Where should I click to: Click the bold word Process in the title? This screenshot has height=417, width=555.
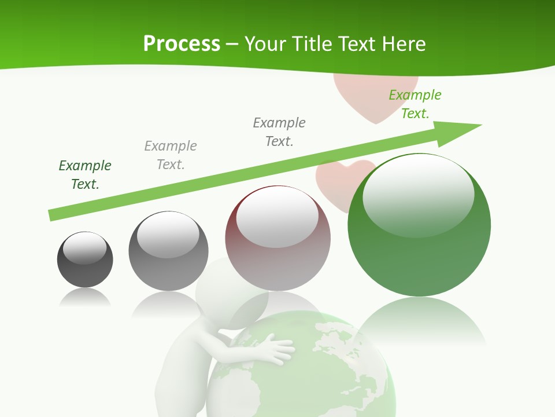(182, 44)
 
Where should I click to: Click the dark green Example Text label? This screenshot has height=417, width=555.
(85, 175)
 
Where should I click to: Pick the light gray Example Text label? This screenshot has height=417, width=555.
(171, 155)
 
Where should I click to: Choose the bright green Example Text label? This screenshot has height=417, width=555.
(415, 104)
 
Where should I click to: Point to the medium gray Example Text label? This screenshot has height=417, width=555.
(279, 132)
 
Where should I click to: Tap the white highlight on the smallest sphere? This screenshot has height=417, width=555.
(84, 248)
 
